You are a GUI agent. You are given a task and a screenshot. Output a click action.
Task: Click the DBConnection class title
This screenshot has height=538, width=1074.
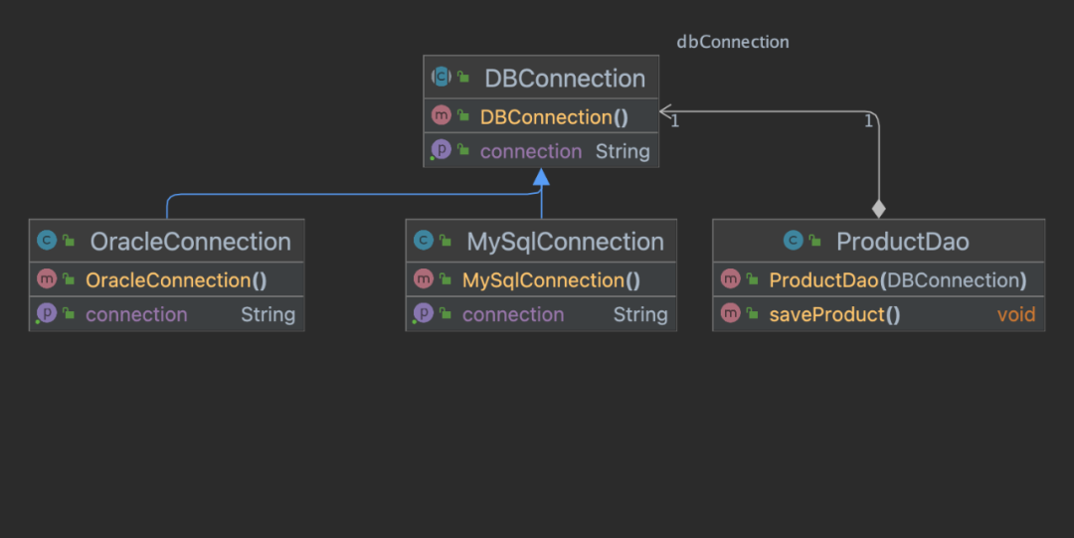[x=565, y=79]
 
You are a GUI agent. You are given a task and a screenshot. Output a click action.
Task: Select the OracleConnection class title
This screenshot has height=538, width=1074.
[x=190, y=242]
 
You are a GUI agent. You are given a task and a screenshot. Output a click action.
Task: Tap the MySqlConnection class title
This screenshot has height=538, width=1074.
[x=565, y=242]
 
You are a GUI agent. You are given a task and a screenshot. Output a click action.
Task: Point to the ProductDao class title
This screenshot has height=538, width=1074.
[x=902, y=242]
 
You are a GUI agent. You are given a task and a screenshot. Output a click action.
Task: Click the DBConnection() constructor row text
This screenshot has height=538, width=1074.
[x=554, y=117]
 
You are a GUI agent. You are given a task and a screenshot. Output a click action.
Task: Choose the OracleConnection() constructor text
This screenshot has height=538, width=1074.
[x=176, y=280]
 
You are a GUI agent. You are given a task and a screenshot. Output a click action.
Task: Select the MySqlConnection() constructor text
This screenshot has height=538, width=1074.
[x=551, y=280]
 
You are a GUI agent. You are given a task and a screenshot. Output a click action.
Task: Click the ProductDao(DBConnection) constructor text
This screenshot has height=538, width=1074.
[x=898, y=280]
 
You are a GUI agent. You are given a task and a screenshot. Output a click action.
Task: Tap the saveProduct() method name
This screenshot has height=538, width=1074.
[x=834, y=314]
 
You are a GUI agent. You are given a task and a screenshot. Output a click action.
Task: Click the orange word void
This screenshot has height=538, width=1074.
[x=1016, y=314]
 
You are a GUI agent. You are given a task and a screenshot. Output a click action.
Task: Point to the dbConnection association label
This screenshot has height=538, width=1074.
[x=733, y=42]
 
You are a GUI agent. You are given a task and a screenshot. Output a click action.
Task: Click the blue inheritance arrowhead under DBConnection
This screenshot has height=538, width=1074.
[x=541, y=177]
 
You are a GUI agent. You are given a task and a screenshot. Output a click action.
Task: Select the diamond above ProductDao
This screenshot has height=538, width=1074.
[x=879, y=209]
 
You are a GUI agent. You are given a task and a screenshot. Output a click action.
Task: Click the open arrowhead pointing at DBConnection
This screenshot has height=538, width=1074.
[x=665, y=111]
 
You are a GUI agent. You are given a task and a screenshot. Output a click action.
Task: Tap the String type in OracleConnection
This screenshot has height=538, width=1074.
[x=268, y=314]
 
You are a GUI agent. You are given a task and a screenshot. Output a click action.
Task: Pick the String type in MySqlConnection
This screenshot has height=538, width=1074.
[x=640, y=314]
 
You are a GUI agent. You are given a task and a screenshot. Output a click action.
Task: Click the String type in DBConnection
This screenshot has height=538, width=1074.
[x=623, y=151]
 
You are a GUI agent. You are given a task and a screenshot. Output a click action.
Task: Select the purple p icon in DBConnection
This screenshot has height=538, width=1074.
[x=442, y=149]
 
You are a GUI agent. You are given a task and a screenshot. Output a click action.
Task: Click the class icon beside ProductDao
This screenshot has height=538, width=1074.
[x=794, y=240]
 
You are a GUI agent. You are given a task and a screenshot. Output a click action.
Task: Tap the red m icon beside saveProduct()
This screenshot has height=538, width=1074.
[x=731, y=313]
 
